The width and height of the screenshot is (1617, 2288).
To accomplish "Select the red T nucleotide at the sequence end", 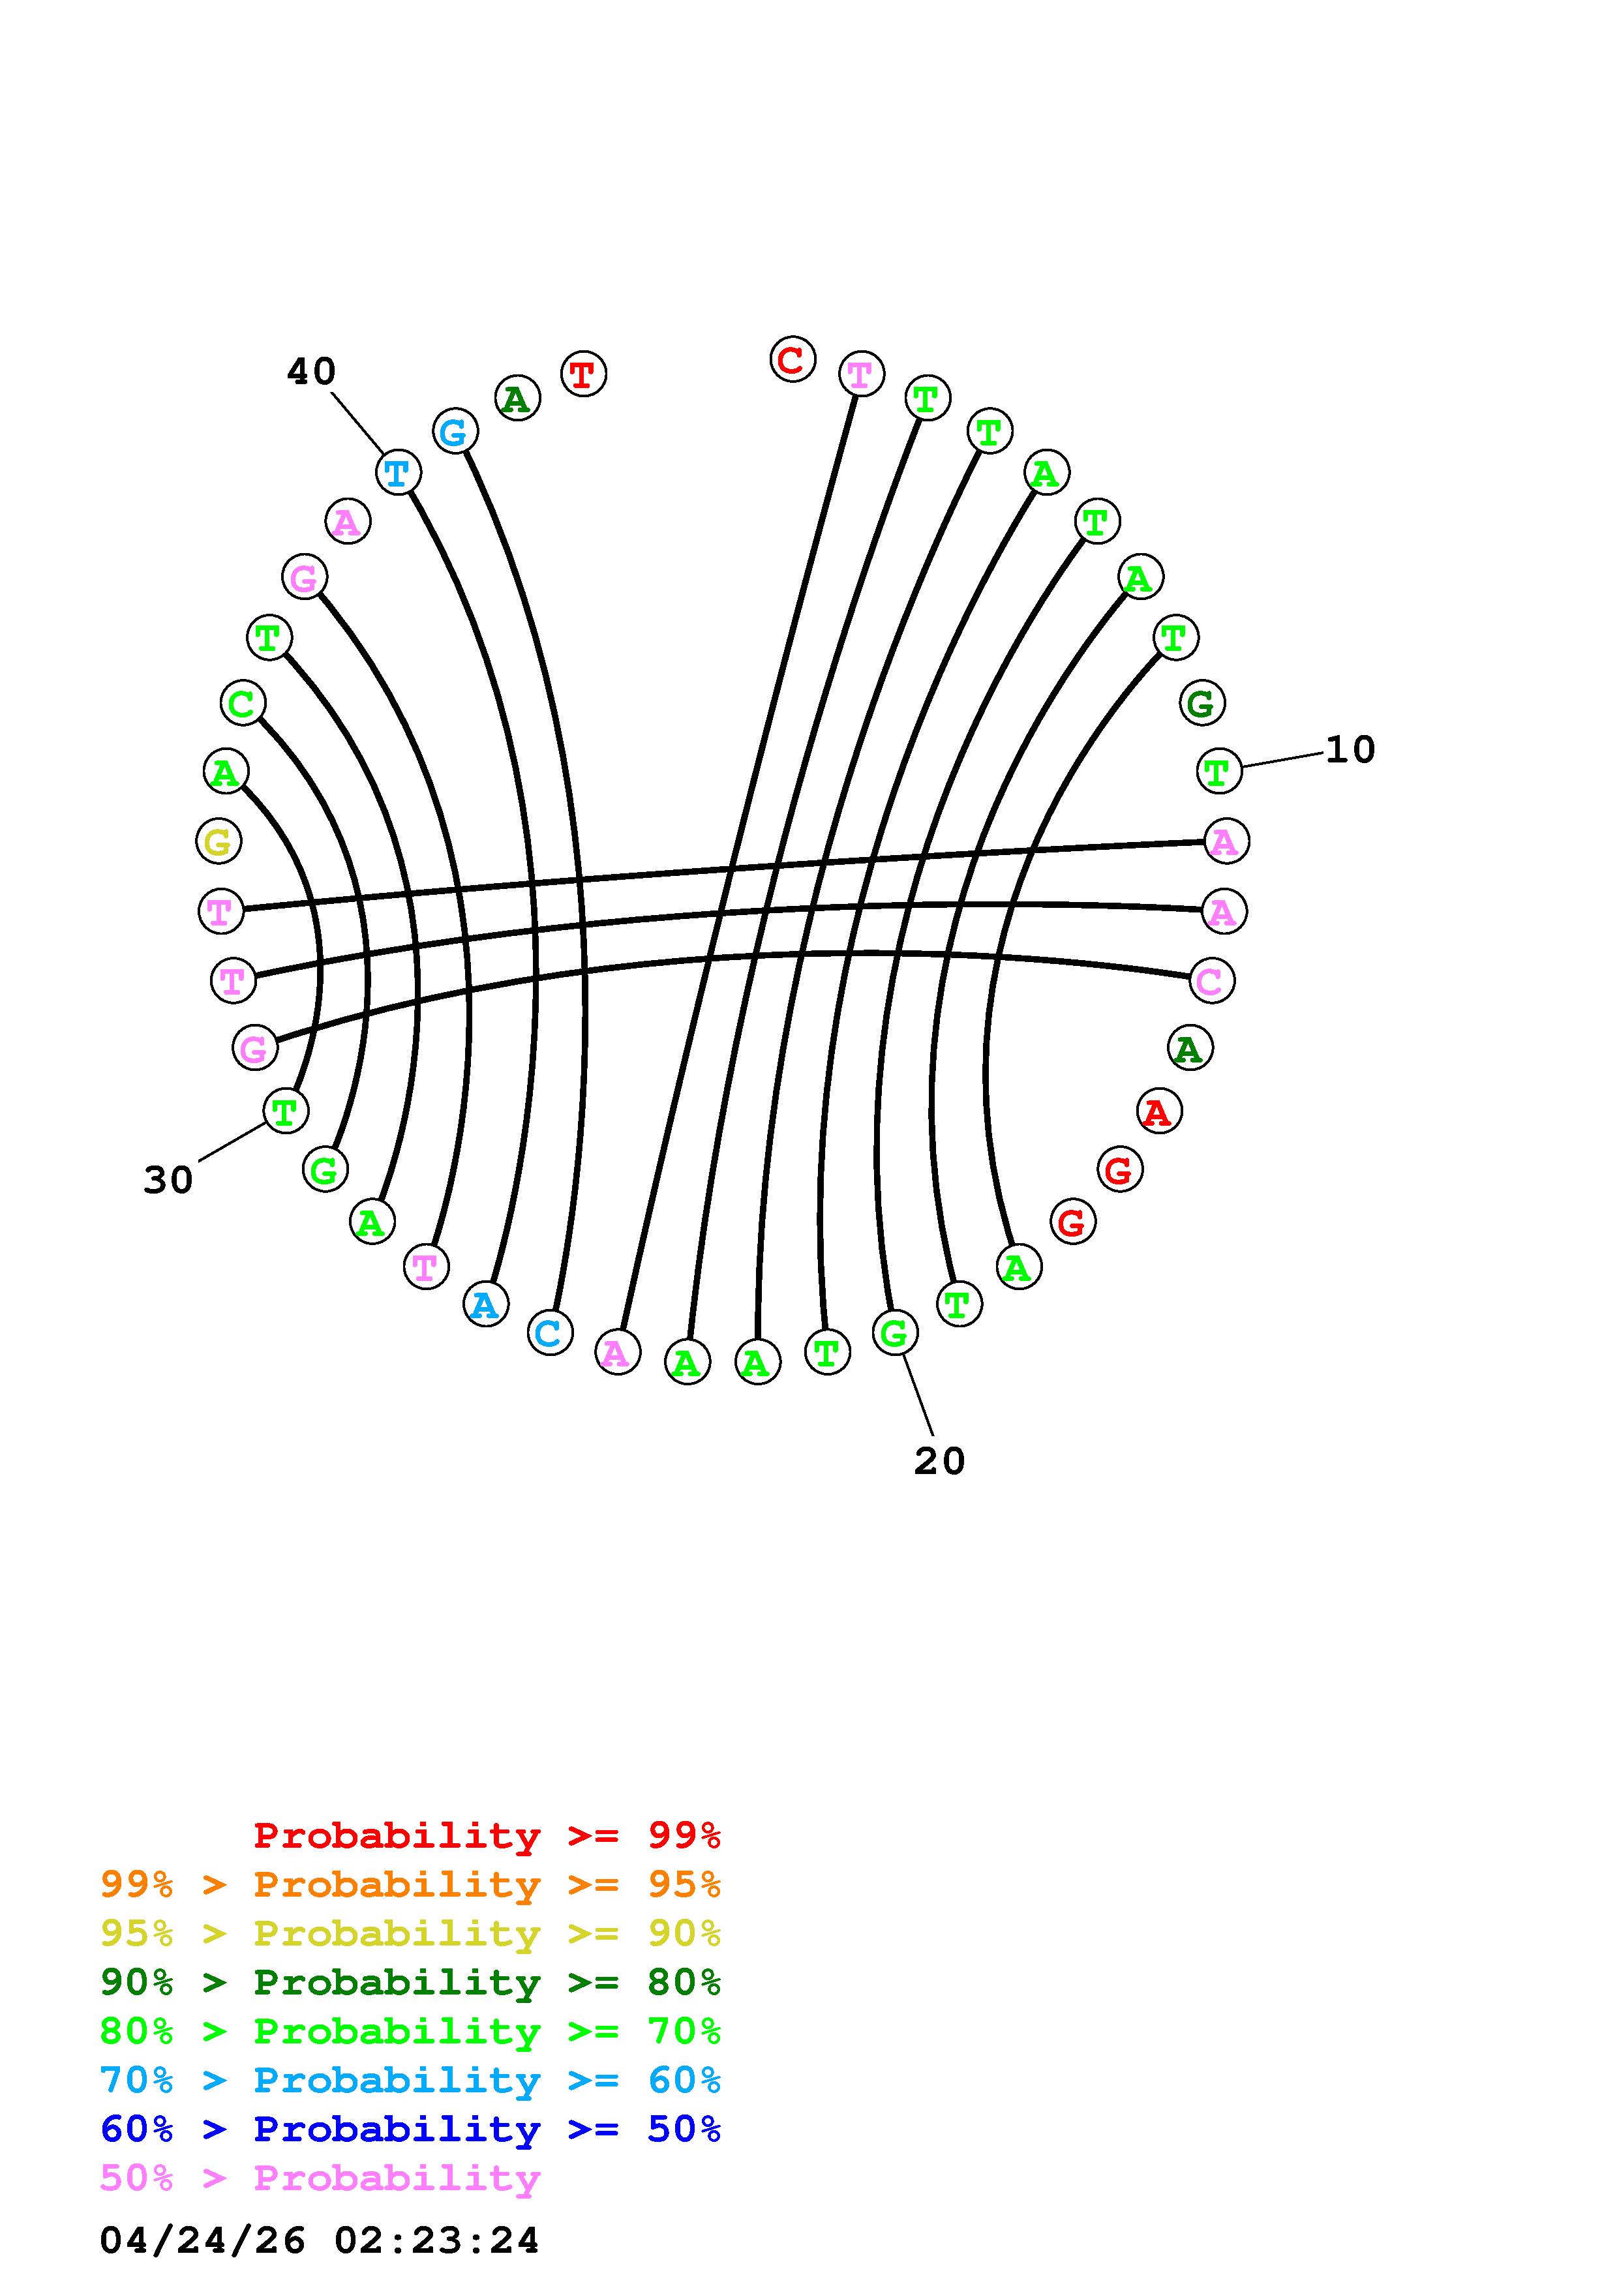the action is (584, 374).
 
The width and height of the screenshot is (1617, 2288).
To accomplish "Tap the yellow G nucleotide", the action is (219, 842).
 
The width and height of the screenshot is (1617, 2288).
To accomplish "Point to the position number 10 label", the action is (1350, 749).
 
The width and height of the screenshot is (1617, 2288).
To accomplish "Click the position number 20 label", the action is (939, 1462).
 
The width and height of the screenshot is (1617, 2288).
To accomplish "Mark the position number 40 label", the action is (311, 372).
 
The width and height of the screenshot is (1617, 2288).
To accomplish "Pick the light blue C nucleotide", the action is (549, 1333).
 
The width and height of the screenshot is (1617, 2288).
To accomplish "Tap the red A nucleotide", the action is (1158, 1112).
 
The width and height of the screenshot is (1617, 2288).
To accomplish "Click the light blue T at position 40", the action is (397, 472).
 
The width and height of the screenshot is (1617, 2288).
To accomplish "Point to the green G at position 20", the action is (895, 1333).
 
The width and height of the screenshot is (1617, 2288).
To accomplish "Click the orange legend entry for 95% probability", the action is (410, 1884).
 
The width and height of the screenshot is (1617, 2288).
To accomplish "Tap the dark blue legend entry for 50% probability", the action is (410, 2130).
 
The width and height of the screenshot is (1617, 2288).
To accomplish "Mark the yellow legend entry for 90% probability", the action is (410, 1933).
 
